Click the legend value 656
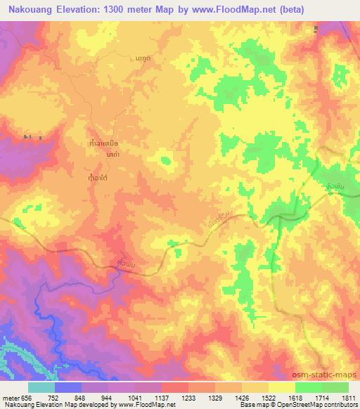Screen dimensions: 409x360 click(27, 396)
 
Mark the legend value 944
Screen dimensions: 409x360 click(108, 396)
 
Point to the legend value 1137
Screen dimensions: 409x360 click(162, 396)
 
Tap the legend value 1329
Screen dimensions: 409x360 click(216, 396)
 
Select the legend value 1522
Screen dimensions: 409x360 click(270, 396)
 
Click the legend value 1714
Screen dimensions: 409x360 click(323, 396)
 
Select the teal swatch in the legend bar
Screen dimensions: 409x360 click(41, 387)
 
